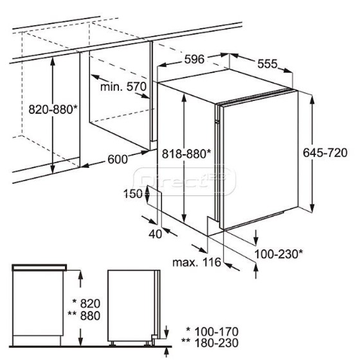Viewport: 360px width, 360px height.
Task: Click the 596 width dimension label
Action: point(194,59)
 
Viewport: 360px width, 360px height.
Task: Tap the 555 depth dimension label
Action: point(267,64)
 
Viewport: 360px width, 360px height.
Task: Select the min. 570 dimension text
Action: point(123,87)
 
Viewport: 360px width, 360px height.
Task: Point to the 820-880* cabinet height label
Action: point(53,109)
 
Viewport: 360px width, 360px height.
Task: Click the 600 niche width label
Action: point(118,159)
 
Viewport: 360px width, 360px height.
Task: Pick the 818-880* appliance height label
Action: point(186,154)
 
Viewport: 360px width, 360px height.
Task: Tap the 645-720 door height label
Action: point(325,153)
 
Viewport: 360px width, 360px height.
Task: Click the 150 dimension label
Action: point(133,194)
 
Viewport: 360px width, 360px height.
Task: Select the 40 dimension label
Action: point(156,234)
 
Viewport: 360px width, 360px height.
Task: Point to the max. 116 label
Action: point(197,262)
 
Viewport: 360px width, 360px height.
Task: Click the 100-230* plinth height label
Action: point(279,254)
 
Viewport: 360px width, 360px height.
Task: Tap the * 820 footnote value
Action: point(87,303)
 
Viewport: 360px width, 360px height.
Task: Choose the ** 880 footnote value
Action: point(84,316)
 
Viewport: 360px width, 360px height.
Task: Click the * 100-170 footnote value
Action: point(212,332)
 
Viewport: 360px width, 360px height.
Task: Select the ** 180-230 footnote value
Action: point(210,343)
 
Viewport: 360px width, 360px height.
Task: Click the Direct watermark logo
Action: point(184,181)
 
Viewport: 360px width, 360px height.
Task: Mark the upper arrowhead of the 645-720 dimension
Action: point(312,99)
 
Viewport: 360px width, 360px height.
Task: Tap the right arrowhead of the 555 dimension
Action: point(288,70)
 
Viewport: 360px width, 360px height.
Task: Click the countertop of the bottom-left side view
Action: point(39,267)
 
